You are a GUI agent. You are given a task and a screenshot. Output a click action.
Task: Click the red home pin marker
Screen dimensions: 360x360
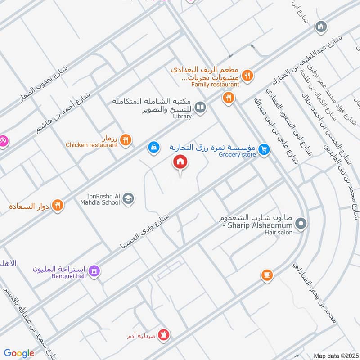click(180, 162)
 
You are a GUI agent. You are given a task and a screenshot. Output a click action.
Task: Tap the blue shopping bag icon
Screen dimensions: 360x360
click(153, 147)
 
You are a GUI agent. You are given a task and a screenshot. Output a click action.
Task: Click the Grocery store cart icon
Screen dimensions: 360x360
click(265, 149)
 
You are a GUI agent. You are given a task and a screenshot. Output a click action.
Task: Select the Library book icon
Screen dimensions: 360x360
click(201, 108)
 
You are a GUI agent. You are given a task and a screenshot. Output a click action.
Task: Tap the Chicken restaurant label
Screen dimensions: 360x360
click(91, 145)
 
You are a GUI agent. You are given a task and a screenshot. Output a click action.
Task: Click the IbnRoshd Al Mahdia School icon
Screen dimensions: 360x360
click(129, 198)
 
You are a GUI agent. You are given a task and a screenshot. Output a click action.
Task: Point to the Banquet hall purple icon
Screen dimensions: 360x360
click(94, 271)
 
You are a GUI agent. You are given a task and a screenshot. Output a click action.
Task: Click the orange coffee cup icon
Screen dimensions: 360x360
click(267, 274)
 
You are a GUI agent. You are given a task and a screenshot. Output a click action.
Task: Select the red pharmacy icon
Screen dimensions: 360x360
click(163, 335)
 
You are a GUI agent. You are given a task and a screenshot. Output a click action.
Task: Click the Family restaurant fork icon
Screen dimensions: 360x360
click(247, 75)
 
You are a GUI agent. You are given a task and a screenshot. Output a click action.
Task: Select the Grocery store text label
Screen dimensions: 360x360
click(237, 155)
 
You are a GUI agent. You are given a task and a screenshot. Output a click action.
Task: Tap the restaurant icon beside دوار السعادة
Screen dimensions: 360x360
click(57, 205)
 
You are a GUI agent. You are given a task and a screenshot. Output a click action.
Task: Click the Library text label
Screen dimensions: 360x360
click(182, 117)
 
